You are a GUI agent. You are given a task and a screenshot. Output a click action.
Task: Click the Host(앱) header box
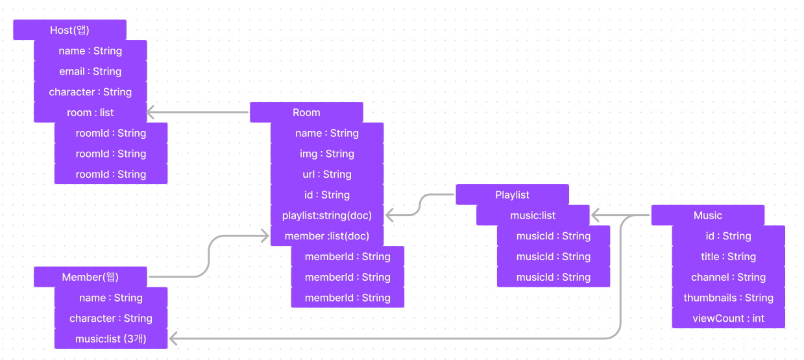pos(69,30)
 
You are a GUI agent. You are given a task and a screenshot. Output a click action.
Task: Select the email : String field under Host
pos(90,71)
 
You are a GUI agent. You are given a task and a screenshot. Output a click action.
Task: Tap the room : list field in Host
pos(90,112)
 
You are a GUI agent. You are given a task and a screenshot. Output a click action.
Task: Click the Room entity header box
pos(306,112)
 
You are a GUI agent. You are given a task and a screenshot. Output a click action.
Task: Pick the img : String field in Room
pos(327,154)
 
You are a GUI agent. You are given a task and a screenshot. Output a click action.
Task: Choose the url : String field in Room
pos(327,174)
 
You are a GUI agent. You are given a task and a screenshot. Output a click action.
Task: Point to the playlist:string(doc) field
pos(327,215)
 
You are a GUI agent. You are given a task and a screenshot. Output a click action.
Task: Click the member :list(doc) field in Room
pos(327,236)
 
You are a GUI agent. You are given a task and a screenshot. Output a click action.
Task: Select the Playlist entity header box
pos(512,195)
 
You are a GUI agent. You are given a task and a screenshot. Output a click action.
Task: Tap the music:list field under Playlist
pos(533,215)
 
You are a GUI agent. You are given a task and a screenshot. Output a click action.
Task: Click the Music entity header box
pos(707,215)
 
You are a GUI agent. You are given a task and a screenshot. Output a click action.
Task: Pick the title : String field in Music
pos(728,256)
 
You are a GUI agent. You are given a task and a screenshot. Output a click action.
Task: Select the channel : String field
pos(728,277)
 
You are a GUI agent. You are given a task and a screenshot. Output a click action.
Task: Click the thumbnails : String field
pos(728,298)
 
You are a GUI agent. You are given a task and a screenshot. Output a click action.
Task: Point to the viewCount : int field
pos(728,318)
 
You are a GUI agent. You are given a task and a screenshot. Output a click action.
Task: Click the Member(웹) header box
pos(90,277)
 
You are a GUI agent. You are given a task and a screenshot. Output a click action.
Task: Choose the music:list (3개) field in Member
pos(111,339)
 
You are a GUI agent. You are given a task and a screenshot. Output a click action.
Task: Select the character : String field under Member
pos(111,318)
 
